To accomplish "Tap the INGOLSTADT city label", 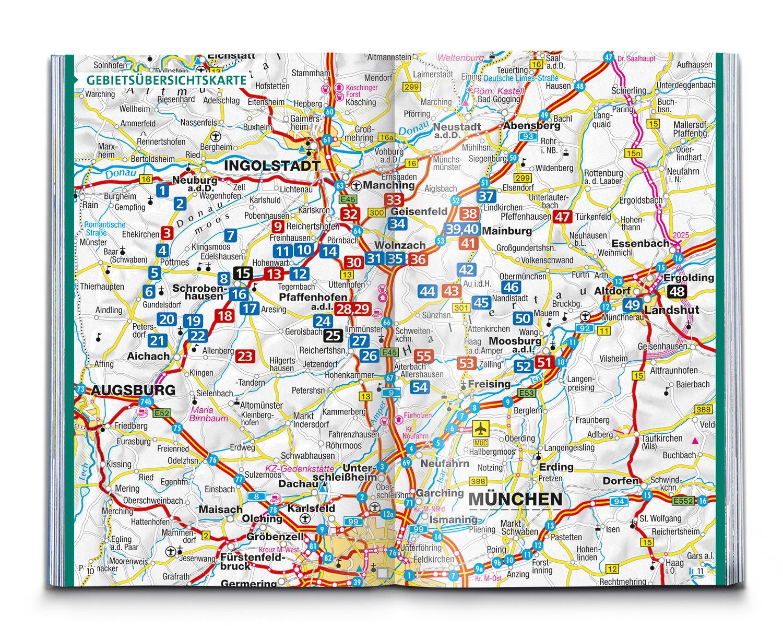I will (271, 166).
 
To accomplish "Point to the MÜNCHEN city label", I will (515, 500).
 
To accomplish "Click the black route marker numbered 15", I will (243, 273).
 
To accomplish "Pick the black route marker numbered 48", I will (677, 291).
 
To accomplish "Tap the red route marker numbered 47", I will (562, 217).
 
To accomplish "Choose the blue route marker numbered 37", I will (486, 196).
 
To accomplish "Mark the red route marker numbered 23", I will (245, 357).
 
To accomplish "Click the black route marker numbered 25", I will (333, 335).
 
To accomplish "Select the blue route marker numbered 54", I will (420, 387).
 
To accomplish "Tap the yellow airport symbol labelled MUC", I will (479, 430).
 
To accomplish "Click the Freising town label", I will (489, 384).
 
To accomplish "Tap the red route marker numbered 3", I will (167, 233).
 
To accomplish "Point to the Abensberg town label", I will (531, 126).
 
